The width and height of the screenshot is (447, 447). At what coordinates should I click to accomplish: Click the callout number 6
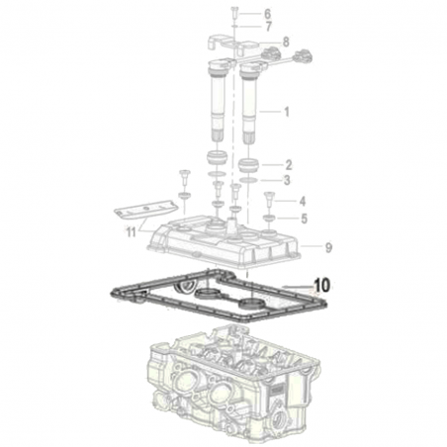pyautogui.click(x=267, y=14)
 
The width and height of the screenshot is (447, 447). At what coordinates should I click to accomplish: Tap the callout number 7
pyautogui.click(x=269, y=27)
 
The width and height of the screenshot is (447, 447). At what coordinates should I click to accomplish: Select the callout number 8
pyautogui.click(x=286, y=42)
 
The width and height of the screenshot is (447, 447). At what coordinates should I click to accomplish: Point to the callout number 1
pyautogui.click(x=287, y=112)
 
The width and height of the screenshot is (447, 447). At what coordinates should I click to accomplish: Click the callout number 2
pyautogui.click(x=289, y=165)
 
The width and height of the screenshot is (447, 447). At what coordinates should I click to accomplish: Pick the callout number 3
pyautogui.click(x=287, y=180)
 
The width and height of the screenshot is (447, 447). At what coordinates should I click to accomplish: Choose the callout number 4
pyautogui.click(x=303, y=201)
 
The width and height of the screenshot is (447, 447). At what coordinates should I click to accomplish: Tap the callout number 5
pyautogui.click(x=304, y=219)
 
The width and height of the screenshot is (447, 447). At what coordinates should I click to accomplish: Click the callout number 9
pyautogui.click(x=328, y=247)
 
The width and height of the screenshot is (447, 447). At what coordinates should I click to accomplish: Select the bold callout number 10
pyautogui.click(x=322, y=285)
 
